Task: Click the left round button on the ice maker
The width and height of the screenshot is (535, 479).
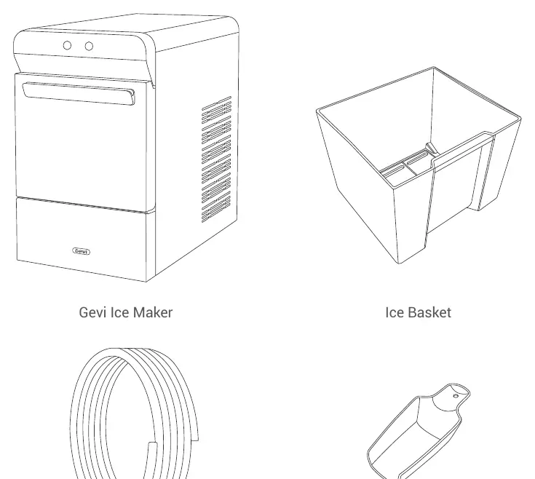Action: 67,45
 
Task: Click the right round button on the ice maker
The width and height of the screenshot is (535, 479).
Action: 89,46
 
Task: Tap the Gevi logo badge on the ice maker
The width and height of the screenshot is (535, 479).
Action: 82,251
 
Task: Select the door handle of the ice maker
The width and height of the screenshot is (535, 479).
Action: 79,93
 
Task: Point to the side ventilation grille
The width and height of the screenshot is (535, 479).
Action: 216,159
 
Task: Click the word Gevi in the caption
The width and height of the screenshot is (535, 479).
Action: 92,312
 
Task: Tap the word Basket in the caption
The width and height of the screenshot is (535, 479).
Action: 430,312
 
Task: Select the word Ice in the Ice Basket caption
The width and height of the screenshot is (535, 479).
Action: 395,312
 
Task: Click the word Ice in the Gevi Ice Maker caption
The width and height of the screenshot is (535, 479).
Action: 119,312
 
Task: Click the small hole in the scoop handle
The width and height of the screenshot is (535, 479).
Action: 456,396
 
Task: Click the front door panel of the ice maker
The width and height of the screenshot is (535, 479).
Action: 82,147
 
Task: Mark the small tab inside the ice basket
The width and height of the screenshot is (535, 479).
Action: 431,149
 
